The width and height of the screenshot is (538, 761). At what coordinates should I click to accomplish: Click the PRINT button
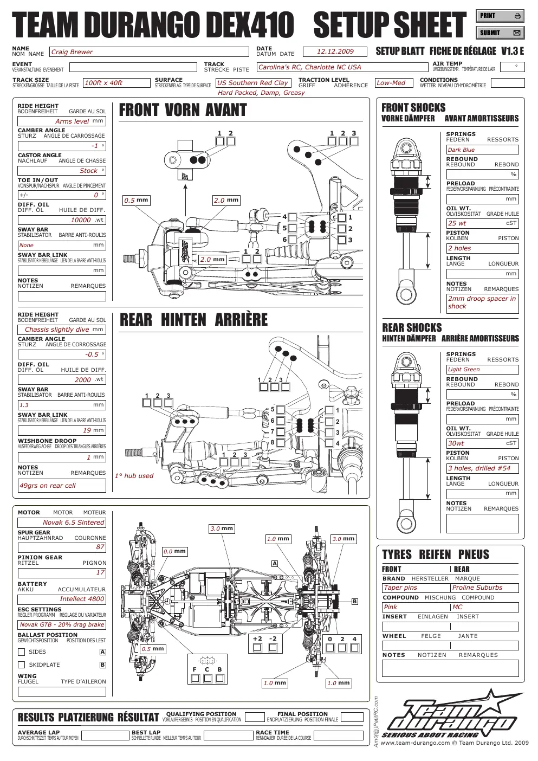click(x=500, y=16)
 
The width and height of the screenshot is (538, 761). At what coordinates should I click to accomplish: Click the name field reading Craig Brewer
click(x=149, y=51)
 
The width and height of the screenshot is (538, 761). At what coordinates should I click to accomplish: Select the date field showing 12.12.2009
click(x=335, y=51)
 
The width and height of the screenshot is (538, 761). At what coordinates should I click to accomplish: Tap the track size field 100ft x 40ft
click(x=116, y=82)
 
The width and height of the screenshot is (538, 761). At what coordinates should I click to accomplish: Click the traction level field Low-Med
click(x=394, y=82)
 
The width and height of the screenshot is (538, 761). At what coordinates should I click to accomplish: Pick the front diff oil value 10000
click(x=62, y=220)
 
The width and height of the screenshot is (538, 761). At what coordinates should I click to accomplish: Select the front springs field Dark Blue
click(x=482, y=150)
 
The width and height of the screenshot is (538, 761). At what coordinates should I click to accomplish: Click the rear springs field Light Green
click(x=482, y=369)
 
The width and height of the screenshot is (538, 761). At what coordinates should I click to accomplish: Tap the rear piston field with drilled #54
click(x=482, y=468)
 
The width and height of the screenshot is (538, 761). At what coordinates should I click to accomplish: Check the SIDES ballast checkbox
click(x=21, y=652)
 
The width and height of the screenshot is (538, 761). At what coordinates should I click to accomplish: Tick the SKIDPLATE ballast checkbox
click(x=21, y=665)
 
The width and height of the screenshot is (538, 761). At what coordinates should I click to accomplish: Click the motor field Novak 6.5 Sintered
click(x=62, y=523)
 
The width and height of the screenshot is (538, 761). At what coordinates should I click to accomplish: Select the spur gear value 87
click(x=62, y=547)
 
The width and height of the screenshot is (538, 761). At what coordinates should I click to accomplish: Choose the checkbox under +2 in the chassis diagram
click(x=257, y=647)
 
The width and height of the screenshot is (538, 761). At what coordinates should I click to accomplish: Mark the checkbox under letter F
click(x=195, y=678)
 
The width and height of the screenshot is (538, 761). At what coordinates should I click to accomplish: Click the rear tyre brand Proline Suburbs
click(x=485, y=588)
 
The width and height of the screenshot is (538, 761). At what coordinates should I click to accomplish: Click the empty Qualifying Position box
click(x=255, y=717)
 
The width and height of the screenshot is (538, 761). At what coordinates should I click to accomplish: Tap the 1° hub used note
click(x=134, y=476)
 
